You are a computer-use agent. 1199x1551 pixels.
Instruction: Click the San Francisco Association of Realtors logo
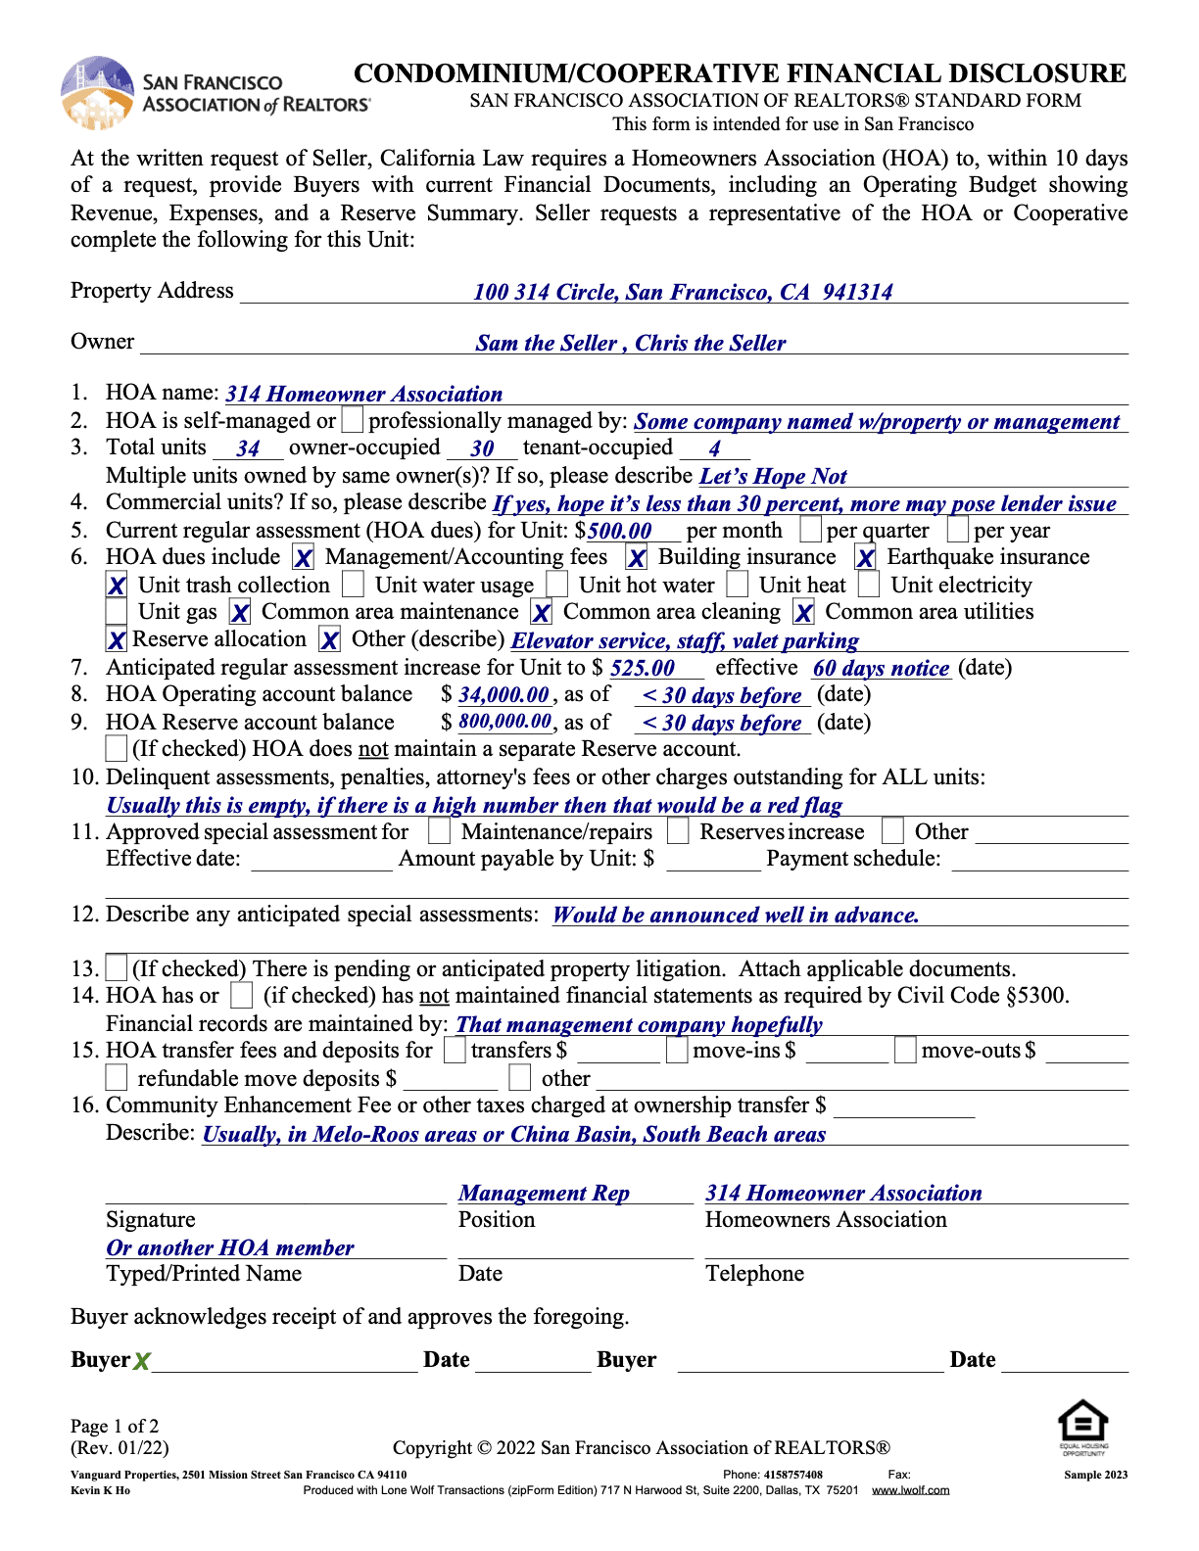pos(97,93)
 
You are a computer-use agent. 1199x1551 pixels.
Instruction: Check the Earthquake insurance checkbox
pos(865,558)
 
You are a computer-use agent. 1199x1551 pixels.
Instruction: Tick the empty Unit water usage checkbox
pos(354,585)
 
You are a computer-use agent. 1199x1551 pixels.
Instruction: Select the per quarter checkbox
pos(810,530)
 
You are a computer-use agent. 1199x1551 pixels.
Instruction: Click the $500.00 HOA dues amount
pos(619,531)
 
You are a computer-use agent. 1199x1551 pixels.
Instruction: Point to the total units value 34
pos(248,448)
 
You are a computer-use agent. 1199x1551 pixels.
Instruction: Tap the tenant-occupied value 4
pos(714,448)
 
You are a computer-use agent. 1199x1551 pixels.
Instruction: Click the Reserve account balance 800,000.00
pos(504,722)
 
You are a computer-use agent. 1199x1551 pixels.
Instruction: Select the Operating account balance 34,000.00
pos(504,695)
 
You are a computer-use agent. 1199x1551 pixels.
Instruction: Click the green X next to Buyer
pos(142,1361)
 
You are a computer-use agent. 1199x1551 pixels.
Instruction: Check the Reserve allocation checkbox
pos(117,640)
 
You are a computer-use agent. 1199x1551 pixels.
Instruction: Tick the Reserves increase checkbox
pos(678,831)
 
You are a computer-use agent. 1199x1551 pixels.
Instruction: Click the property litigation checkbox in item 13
pos(117,968)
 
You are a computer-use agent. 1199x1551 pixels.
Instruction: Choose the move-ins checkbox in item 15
pos(677,1051)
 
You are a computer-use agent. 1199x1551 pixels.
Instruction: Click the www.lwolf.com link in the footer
pos(910,1490)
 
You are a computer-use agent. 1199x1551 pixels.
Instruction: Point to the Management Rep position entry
pos(544,1193)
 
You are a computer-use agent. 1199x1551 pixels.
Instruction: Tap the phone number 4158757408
pos(793,1475)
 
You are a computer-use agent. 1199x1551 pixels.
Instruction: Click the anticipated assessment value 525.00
pos(643,668)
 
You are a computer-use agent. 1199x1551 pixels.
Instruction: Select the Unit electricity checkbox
pos(869,585)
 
